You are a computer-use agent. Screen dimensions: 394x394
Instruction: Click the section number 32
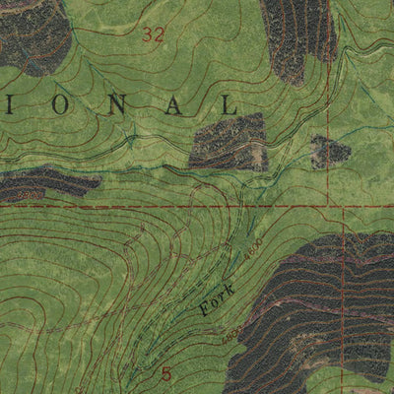coord(153,35)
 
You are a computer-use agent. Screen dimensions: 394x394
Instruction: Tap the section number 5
coord(165,373)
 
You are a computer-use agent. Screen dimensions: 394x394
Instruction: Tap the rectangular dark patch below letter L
coord(229,142)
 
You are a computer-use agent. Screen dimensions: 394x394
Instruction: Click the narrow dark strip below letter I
coord(44,183)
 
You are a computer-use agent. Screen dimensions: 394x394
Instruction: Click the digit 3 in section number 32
coord(147,35)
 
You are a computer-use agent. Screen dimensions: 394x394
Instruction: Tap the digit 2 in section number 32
coord(159,35)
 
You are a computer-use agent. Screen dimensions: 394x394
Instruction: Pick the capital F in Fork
coord(205,310)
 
